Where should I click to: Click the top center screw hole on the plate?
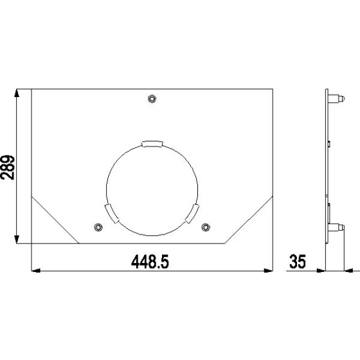pyautogui.click(x=152, y=98)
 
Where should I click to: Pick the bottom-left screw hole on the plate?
pyautogui.click(x=98, y=226)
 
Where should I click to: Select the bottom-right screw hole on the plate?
pyautogui.click(x=206, y=226)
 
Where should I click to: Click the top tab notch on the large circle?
pyautogui.click(x=152, y=143)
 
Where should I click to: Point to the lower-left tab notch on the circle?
pyautogui.click(x=110, y=213)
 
